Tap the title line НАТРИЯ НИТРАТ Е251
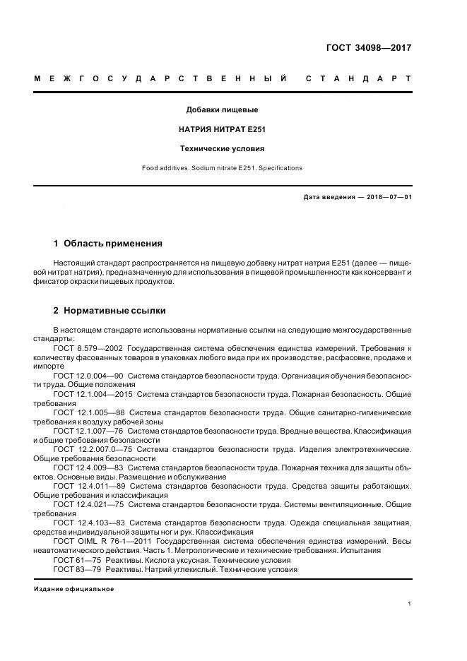coord(222,129)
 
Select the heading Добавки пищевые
coord(222,110)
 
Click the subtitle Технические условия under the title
coord(222,149)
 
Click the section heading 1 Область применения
coord(107,244)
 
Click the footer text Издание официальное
coord(73,588)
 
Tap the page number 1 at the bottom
coord(410,604)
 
